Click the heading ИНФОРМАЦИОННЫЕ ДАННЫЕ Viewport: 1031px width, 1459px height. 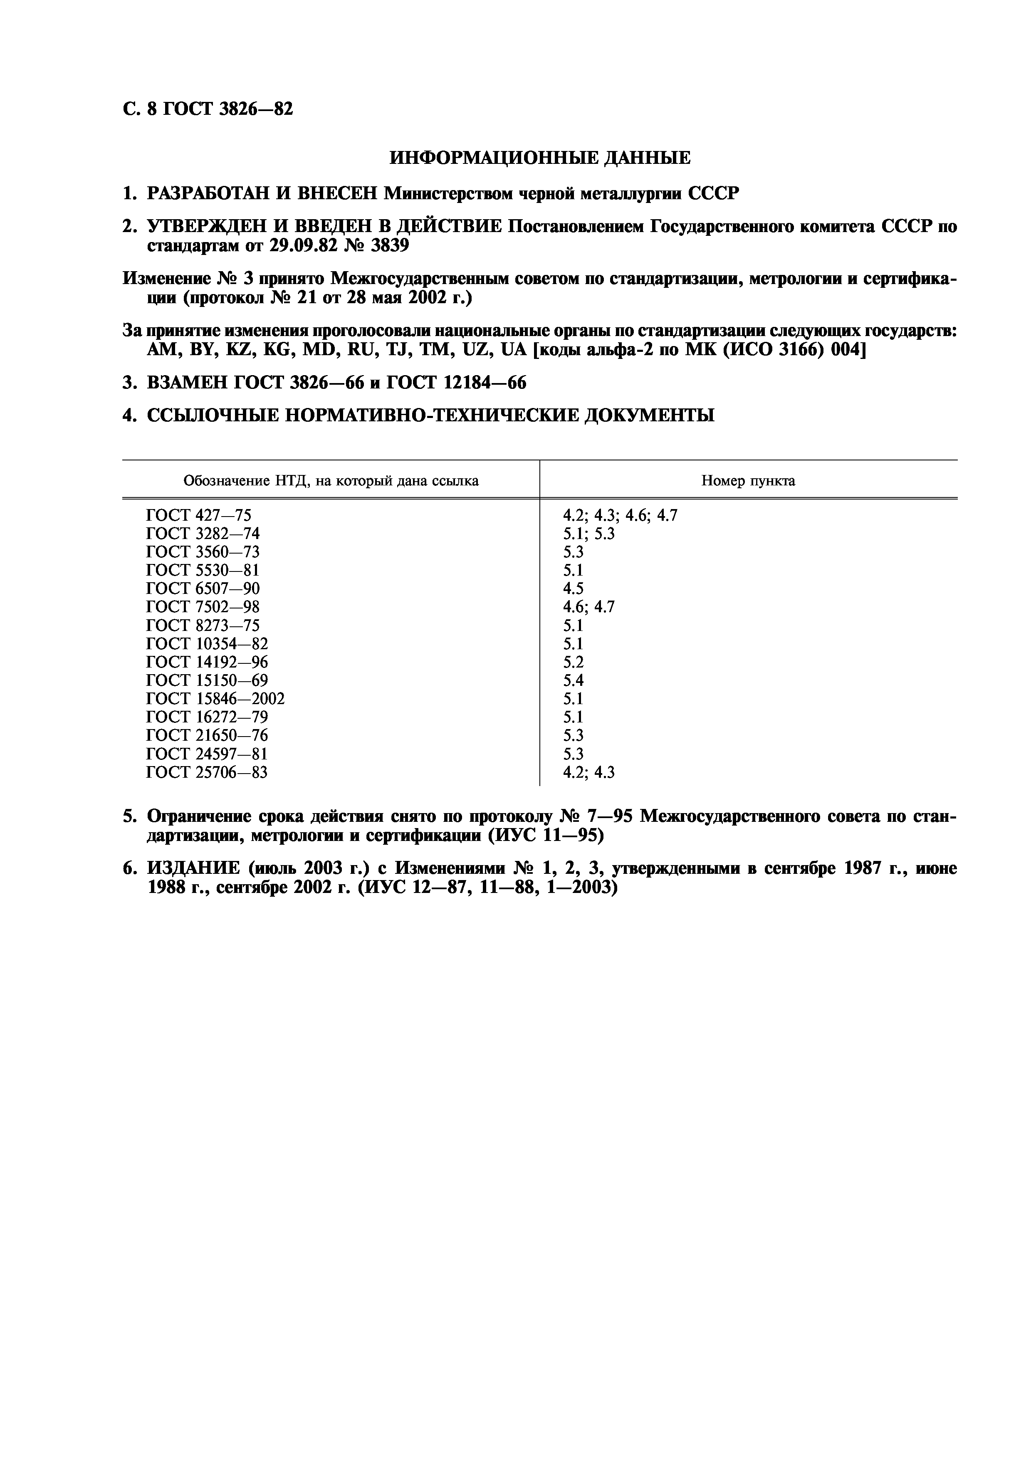[539, 158]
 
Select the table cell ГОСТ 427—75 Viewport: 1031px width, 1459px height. [198, 515]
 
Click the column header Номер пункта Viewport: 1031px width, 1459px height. [748, 481]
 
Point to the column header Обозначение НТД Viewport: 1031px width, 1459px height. [330, 481]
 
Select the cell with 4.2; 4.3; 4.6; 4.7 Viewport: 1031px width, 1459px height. [620, 515]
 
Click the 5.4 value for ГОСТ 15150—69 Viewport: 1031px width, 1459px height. [573, 680]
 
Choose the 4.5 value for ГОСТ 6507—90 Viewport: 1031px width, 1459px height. [573, 589]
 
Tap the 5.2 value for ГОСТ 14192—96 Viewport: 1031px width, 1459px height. [573, 662]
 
